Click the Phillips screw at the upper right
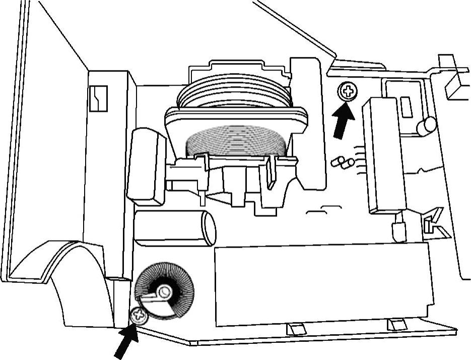tap(347, 92)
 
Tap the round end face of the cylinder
tap(208, 228)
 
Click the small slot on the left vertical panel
tap(98, 98)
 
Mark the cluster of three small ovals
tap(343, 162)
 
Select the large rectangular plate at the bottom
tap(322, 285)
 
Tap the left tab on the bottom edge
tap(296, 329)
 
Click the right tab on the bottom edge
tap(396, 325)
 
